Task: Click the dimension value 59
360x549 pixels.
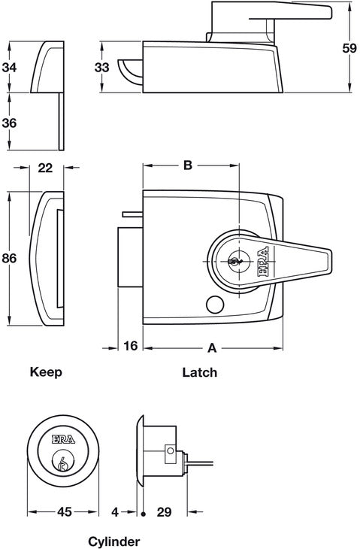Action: pos(349,48)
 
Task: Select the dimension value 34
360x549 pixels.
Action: pos(10,67)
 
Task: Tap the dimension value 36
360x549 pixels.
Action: pos(10,123)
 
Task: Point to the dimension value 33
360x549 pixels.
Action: pos(101,67)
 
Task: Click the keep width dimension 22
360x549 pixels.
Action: pos(46,168)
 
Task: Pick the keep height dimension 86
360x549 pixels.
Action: pos(10,259)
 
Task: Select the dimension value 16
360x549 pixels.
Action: pos(131,346)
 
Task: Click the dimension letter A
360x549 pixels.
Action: pos(213,348)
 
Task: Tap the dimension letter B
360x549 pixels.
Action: pos(188,165)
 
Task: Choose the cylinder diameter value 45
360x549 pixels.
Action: pos(65,512)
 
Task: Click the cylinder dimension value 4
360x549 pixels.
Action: pos(115,512)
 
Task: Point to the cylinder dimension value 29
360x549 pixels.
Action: pos(164,512)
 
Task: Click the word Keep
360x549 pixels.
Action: pos(46,372)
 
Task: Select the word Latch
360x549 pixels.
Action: pos(200,372)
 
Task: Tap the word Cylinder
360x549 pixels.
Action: pos(113,541)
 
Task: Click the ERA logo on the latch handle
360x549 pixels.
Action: pos(263,262)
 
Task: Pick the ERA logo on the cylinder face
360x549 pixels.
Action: pos(63,439)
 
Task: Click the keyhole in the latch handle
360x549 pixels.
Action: pos(234,261)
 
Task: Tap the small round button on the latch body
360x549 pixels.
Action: pos(215,305)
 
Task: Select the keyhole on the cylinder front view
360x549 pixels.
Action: pos(63,463)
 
